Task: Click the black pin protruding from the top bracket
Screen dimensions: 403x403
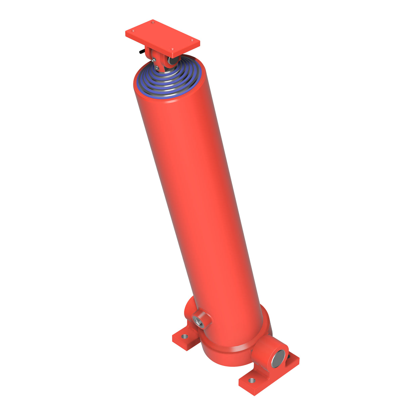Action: (x=140, y=52)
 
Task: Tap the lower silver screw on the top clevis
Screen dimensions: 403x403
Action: (x=157, y=68)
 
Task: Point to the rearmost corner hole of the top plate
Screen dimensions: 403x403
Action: (x=153, y=23)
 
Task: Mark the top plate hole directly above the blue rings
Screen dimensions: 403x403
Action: (x=173, y=49)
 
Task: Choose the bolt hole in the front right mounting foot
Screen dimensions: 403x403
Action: (x=252, y=380)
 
